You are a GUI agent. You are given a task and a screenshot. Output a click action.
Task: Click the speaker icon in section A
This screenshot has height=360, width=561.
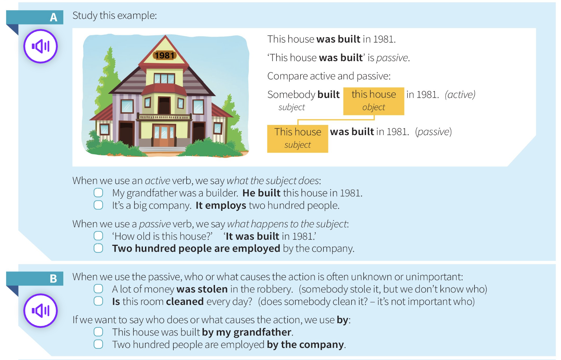[41, 46]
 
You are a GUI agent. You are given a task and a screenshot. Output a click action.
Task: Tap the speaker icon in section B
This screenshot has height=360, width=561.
[41, 311]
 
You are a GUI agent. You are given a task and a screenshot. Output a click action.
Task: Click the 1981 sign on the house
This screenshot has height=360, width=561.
[165, 55]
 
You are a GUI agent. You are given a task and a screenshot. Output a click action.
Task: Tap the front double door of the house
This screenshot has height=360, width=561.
[164, 135]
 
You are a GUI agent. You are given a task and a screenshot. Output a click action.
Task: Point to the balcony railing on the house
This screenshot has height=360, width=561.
[164, 117]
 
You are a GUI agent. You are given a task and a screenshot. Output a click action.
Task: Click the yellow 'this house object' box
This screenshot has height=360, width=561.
[374, 101]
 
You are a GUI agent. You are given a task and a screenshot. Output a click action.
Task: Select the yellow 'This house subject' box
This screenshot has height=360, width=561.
[297, 139]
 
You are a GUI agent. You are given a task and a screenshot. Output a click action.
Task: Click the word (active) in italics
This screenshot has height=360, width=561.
[460, 95]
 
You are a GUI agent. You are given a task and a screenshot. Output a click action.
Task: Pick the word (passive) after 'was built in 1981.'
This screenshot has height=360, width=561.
[434, 132]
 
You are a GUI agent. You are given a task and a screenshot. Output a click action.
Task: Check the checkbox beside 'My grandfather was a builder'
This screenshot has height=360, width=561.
[98, 193]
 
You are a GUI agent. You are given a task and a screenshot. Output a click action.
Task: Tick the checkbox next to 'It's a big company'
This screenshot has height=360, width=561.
[98, 205]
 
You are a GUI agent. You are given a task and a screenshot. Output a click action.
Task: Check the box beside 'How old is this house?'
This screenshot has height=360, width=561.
[98, 236]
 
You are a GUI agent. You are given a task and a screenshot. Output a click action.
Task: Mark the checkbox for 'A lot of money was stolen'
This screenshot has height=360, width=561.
[98, 289]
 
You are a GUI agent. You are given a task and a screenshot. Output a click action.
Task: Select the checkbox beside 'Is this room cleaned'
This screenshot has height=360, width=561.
[98, 301]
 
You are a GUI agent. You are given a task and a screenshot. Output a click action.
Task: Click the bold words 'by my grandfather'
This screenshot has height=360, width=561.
[247, 332]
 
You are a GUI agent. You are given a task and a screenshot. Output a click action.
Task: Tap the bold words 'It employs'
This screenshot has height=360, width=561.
[221, 206]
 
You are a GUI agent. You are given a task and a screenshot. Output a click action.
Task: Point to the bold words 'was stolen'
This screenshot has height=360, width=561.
[202, 289]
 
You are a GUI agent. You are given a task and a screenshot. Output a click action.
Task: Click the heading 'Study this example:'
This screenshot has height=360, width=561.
[115, 16]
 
